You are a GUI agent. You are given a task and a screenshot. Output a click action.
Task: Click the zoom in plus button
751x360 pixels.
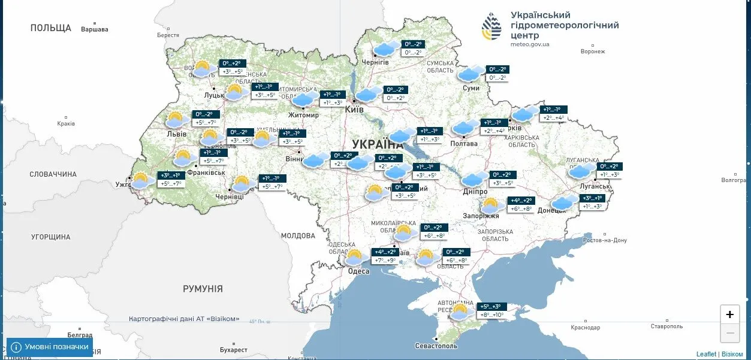tap(729, 314)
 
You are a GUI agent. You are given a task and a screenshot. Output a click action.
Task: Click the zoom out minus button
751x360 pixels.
tap(729, 333)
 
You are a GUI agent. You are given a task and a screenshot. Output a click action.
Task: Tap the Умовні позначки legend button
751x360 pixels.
tap(50, 347)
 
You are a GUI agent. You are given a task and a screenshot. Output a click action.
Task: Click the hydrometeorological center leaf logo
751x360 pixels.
tap(492, 26)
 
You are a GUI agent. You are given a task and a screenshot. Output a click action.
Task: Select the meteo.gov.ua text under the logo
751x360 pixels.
tap(530, 44)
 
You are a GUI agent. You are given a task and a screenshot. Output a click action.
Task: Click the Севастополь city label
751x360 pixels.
tap(436, 346)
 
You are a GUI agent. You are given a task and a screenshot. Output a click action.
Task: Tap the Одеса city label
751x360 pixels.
tap(359, 271)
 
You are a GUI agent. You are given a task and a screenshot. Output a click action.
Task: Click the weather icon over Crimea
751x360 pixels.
tap(461, 311)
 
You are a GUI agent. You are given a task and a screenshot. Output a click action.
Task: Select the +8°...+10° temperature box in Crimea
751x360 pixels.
tap(491, 315)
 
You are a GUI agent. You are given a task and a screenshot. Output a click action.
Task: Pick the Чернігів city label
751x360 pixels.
tap(375, 62)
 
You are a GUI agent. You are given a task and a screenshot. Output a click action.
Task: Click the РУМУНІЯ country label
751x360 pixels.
tap(203, 289)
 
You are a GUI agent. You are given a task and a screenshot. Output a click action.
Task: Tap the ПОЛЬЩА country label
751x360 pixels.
tap(51, 28)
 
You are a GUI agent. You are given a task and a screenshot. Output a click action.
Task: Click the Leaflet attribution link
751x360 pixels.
tap(706, 354)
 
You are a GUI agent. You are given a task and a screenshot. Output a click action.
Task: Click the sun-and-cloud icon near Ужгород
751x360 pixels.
tap(141, 180)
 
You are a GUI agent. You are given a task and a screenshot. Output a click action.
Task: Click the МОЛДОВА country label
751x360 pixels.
tap(298, 235)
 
